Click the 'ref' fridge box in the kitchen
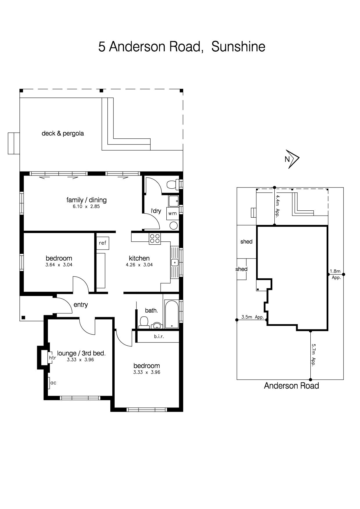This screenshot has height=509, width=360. point(102,243)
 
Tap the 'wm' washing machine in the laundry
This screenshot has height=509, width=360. point(172,213)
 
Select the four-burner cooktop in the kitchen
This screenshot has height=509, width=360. point(155,239)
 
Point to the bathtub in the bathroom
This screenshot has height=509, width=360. point(171,314)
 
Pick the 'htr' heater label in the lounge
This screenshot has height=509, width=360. point(52,358)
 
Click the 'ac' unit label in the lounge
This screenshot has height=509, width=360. point(53,383)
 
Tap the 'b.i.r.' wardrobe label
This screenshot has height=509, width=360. point(159,337)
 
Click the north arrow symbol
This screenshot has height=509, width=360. point(293,159)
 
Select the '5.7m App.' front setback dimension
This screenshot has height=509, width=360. point(313,355)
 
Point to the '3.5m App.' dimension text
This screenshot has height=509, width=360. point(253,317)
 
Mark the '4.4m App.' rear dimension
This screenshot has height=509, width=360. point(277,206)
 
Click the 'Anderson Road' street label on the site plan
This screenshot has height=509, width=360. point(291,386)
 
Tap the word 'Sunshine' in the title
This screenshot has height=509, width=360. point(238,46)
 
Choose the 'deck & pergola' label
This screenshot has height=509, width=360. point(63,133)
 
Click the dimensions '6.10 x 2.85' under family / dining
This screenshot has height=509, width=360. point(86,207)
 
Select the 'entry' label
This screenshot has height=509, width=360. point(81,305)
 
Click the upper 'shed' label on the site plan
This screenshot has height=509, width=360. point(246,241)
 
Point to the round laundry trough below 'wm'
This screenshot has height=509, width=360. point(174,225)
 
